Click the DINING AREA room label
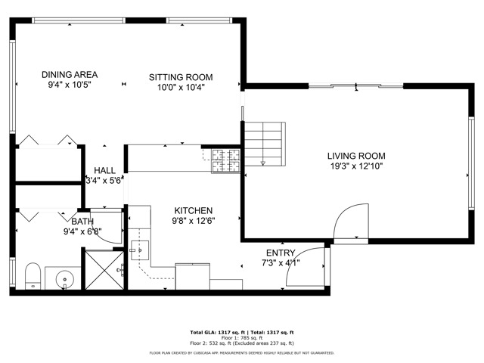click(x=70, y=75)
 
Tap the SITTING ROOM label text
click(x=180, y=77)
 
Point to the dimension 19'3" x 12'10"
click(x=355, y=166)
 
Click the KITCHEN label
click(x=194, y=211)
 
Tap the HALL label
click(x=104, y=171)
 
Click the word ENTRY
click(x=281, y=253)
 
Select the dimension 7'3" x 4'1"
click(x=281, y=262)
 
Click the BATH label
click(x=82, y=222)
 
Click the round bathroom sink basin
click(x=66, y=278)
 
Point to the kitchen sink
click(x=137, y=249)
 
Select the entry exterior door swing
click(x=306, y=268)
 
